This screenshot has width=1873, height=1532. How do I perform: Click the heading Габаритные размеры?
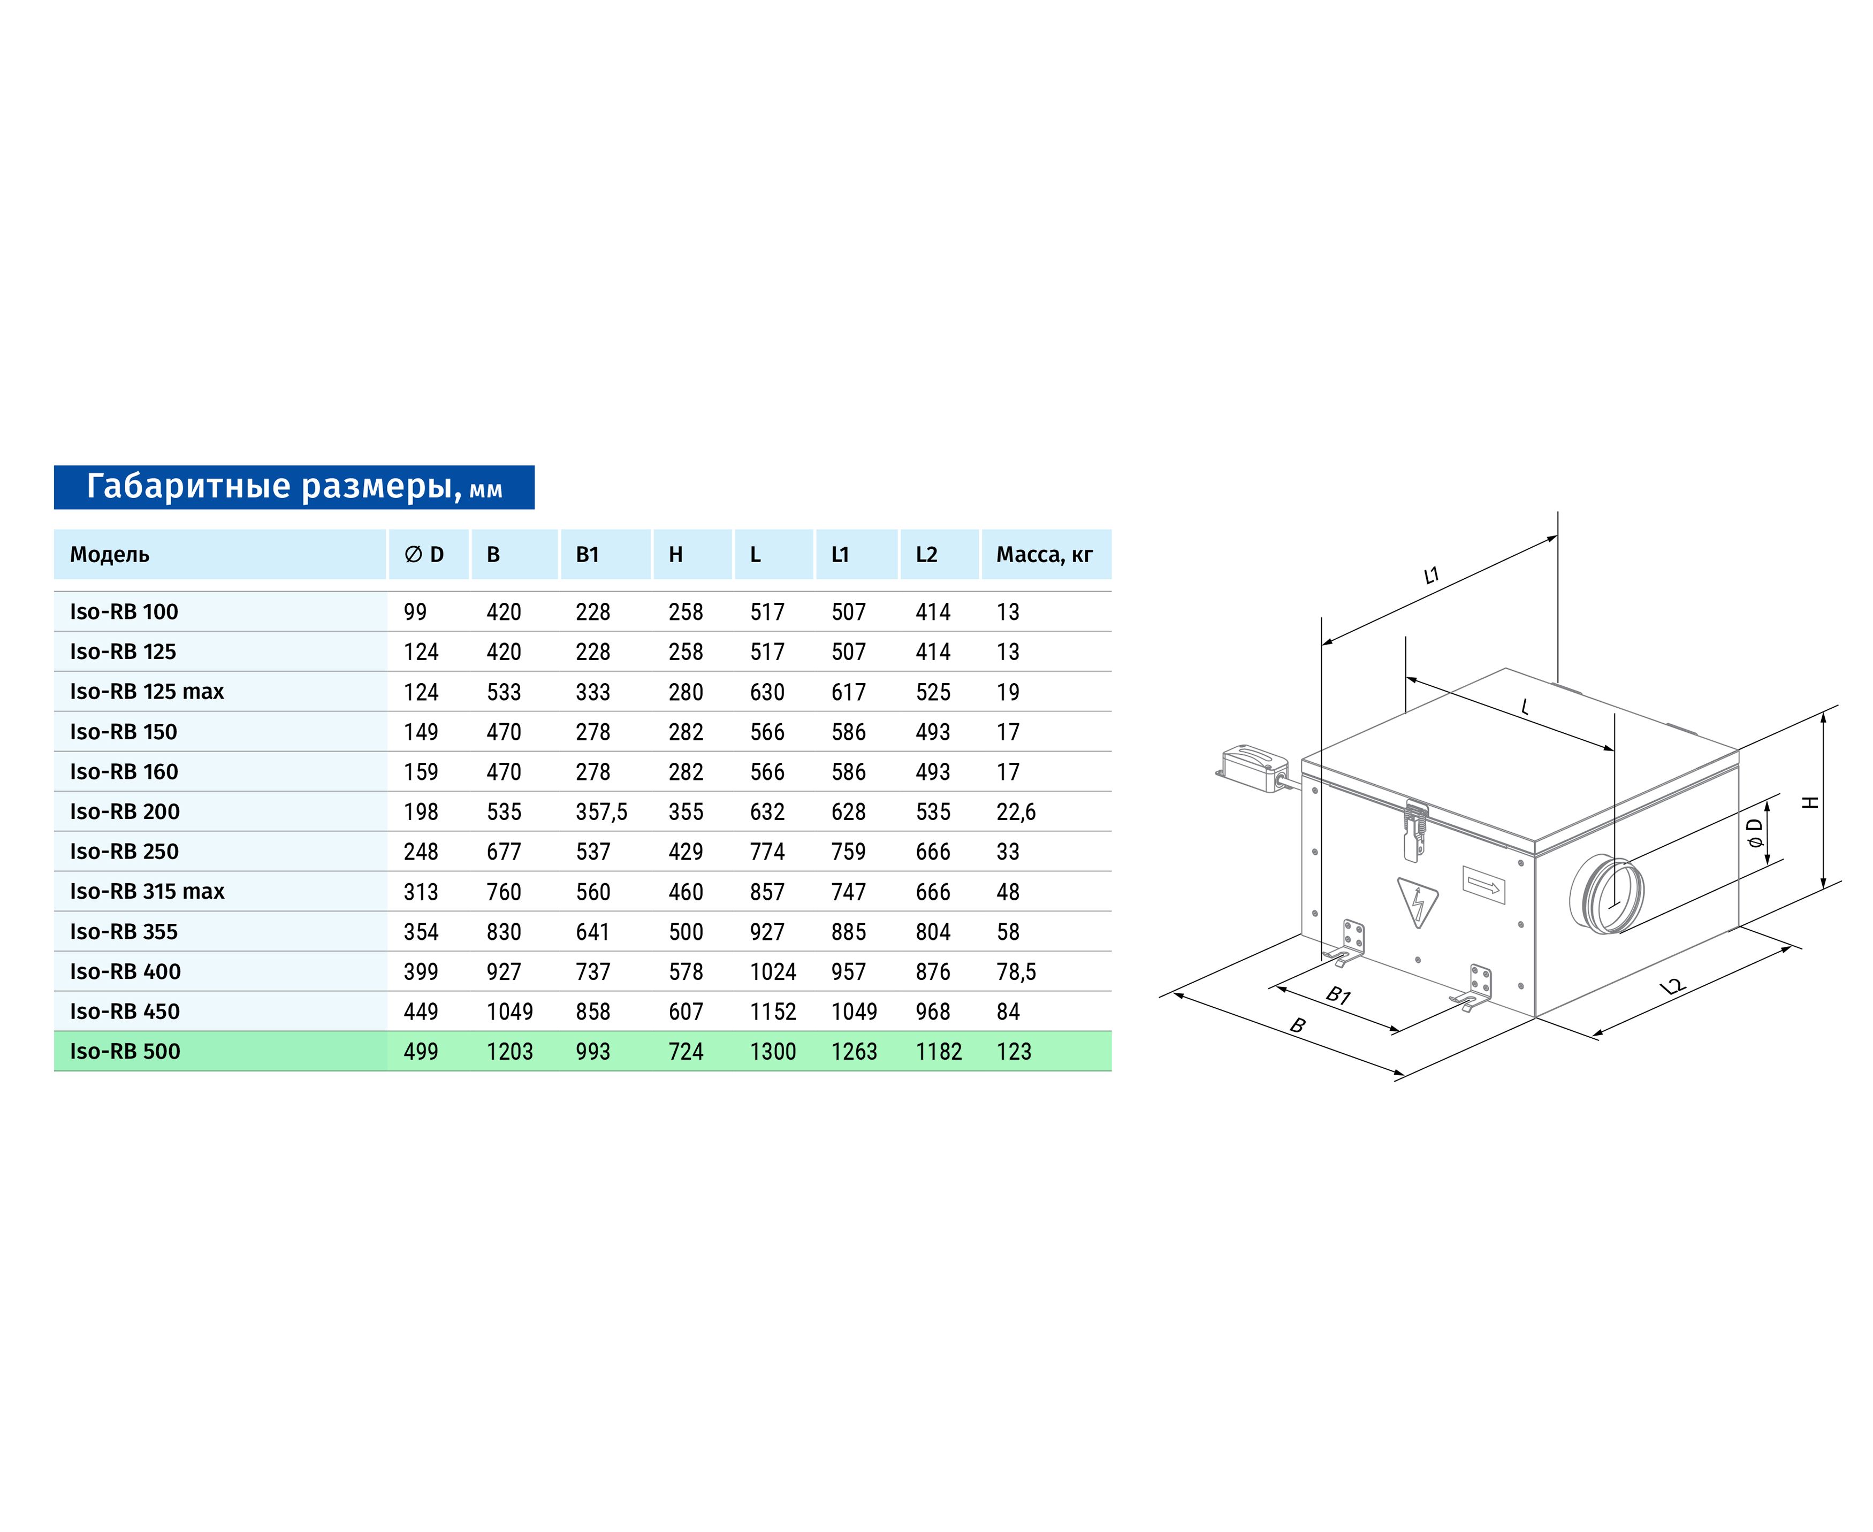click(273, 486)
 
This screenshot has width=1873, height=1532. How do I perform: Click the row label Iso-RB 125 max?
click(147, 691)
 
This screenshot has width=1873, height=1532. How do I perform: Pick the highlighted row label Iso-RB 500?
click(125, 1051)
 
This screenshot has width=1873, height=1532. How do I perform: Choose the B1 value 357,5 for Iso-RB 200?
click(601, 812)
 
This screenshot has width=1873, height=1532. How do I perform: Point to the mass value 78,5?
click(1016, 971)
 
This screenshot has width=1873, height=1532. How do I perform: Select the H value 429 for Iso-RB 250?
click(686, 852)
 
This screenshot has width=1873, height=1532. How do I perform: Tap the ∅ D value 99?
click(415, 611)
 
